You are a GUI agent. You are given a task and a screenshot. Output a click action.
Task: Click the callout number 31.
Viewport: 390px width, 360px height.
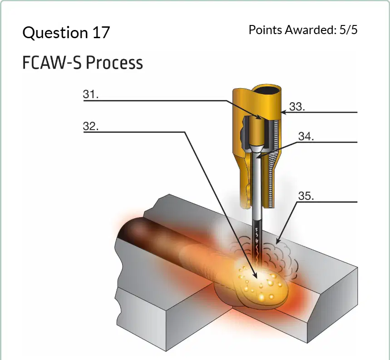(90, 95)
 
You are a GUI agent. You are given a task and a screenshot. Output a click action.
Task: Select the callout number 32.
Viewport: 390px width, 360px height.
(90, 126)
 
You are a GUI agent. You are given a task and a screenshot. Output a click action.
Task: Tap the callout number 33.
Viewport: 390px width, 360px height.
(297, 106)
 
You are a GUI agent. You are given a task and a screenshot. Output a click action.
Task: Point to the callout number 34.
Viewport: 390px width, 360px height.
(306, 136)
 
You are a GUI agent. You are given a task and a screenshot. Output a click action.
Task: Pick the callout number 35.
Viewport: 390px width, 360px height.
(306, 196)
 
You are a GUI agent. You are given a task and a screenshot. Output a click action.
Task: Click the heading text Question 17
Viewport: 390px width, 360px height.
(66, 32)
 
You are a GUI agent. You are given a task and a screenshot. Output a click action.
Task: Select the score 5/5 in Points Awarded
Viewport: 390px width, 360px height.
(349, 30)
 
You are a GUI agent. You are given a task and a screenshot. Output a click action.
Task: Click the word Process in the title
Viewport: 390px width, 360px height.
(114, 62)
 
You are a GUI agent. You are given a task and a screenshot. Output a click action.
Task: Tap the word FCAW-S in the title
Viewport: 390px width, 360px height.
(52, 62)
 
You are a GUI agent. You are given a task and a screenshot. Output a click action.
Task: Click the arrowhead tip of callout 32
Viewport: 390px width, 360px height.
(257, 278)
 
